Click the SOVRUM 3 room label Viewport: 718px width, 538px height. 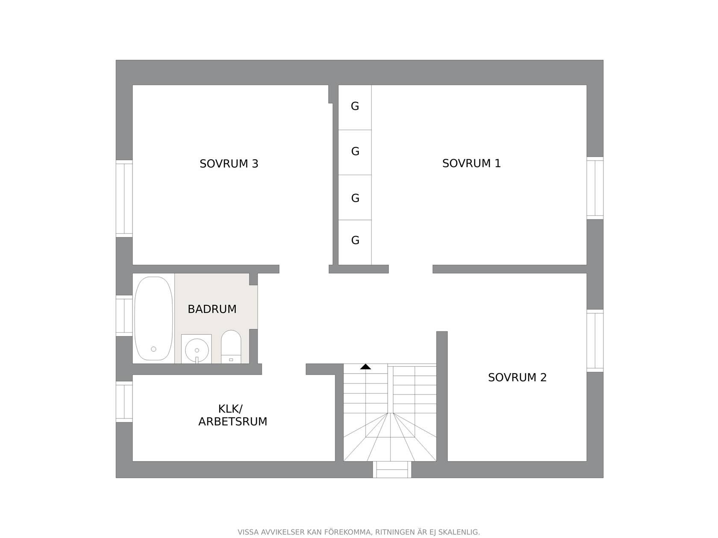(x=229, y=164)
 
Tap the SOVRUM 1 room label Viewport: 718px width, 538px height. (x=471, y=163)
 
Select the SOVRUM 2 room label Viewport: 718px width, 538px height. (x=517, y=377)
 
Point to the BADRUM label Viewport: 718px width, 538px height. (x=212, y=309)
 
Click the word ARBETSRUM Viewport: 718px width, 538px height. (x=232, y=422)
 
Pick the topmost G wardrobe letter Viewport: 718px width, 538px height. (x=355, y=106)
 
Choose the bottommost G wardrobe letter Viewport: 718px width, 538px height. (x=355, y=240)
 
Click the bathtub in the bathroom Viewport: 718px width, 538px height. (x=153, y=318)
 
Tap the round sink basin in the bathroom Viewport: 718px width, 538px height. (x=197, y=350)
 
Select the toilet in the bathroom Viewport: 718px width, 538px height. (x=231, y=347)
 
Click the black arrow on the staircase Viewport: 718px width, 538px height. (x=365, y=366)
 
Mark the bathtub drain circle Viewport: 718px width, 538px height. (x=153, y=349)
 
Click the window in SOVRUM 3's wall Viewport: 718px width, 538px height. (x=124, y=199)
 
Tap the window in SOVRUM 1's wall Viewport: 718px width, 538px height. (x=594, y=188)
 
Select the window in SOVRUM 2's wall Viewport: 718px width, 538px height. (x=594, y=340)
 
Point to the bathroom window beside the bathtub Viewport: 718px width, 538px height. (x=124, y=316)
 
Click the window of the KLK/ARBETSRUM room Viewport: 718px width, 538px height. (x=124, y=401)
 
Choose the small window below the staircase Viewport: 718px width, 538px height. (x=392, y=469)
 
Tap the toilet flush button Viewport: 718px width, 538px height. (x=231, y=360)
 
